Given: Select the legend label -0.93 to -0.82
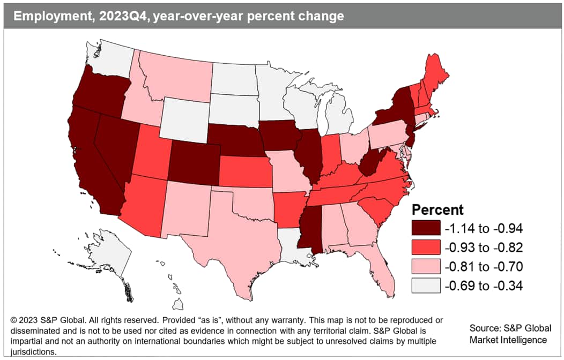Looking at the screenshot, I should tap(483, 247).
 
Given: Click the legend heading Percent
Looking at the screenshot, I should tap(437, 209).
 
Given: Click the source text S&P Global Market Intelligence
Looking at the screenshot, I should tap(509, 334).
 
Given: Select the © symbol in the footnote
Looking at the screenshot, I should tap(14, 320).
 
